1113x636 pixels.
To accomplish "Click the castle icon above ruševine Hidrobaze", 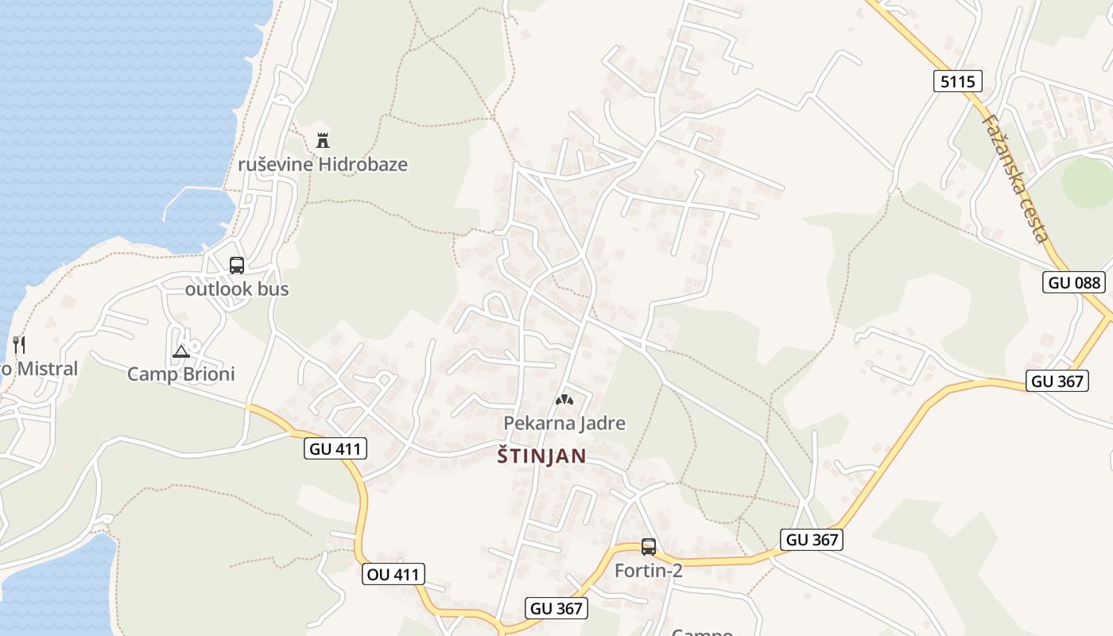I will pos(323,141).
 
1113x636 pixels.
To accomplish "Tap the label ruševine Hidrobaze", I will pos(323,165).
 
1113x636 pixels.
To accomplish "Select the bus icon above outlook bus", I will pos(237,266).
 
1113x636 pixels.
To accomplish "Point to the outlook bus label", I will pos(237,289).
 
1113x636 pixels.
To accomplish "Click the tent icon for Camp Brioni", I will pos(181,351).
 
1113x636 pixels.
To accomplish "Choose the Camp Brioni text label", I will pos(181,374).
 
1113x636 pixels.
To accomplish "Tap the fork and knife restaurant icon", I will pos(20,345).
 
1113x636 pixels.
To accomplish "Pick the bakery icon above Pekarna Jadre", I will pos(564,400).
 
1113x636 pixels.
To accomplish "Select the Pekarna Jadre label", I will pos(564,423).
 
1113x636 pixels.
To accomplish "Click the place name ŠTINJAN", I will pos(541,456).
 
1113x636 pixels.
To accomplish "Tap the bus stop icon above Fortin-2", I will pos(649,547).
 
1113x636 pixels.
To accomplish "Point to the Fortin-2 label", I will pos(649,570).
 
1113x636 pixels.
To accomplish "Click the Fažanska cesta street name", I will pos(1015,178).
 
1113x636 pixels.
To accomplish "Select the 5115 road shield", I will pos(957,81).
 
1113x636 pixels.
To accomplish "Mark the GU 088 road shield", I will pos(1074,282).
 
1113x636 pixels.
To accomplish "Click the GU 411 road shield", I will pos(335,448).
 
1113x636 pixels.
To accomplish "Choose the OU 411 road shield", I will pos(393,574).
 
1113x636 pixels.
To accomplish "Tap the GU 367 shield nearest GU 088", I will pos(1057,381).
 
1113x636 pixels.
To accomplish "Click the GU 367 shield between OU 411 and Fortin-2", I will pos(556,609).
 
